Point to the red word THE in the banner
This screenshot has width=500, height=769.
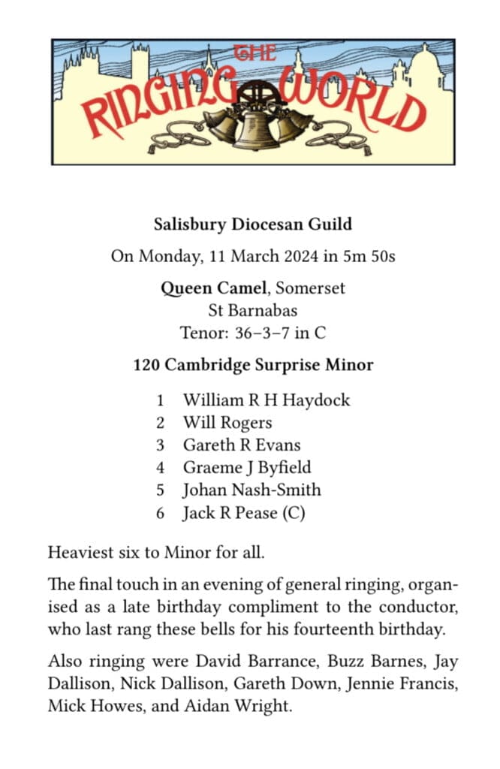(254, 53)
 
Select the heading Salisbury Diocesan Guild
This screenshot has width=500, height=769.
(252, 224)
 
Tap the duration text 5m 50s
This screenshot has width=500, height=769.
(371, 256)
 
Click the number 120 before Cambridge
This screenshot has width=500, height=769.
(146, 366)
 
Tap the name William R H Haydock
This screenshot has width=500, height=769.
(267, 400)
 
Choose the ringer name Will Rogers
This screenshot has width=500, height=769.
(227, 422)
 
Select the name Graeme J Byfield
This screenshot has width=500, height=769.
(247, 467)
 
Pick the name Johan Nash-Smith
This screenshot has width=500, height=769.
(252, 490)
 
